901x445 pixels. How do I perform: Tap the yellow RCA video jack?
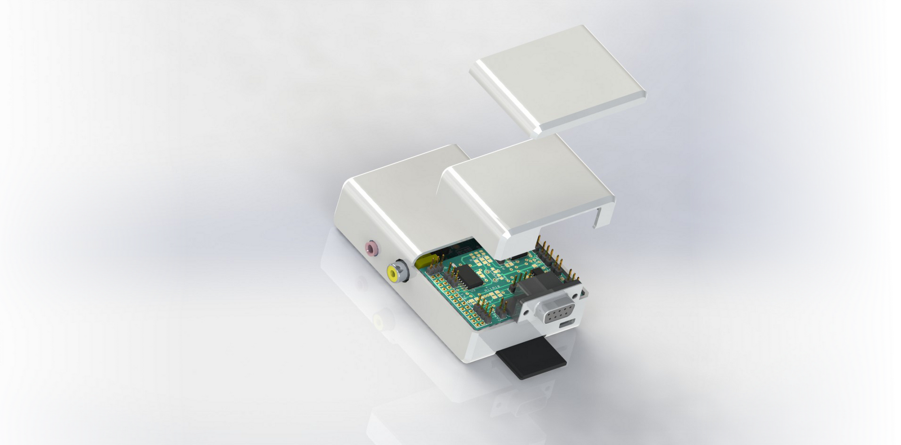point(392,273)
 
